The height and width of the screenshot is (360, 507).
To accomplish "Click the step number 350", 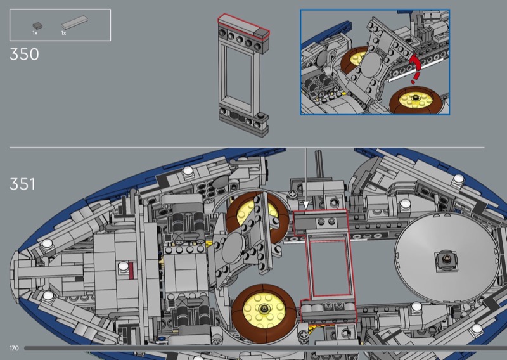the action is click(24, 54).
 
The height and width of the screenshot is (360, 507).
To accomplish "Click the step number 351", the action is click(22, 184).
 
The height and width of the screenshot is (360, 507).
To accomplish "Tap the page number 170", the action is click(14, 348).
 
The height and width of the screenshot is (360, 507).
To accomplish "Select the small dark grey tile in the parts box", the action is click(37, 25).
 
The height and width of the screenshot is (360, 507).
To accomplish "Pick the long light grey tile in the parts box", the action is click(74, 22).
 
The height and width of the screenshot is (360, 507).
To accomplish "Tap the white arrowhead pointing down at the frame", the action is click(306, 205).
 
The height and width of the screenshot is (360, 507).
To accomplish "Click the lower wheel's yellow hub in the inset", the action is click(415, 99).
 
